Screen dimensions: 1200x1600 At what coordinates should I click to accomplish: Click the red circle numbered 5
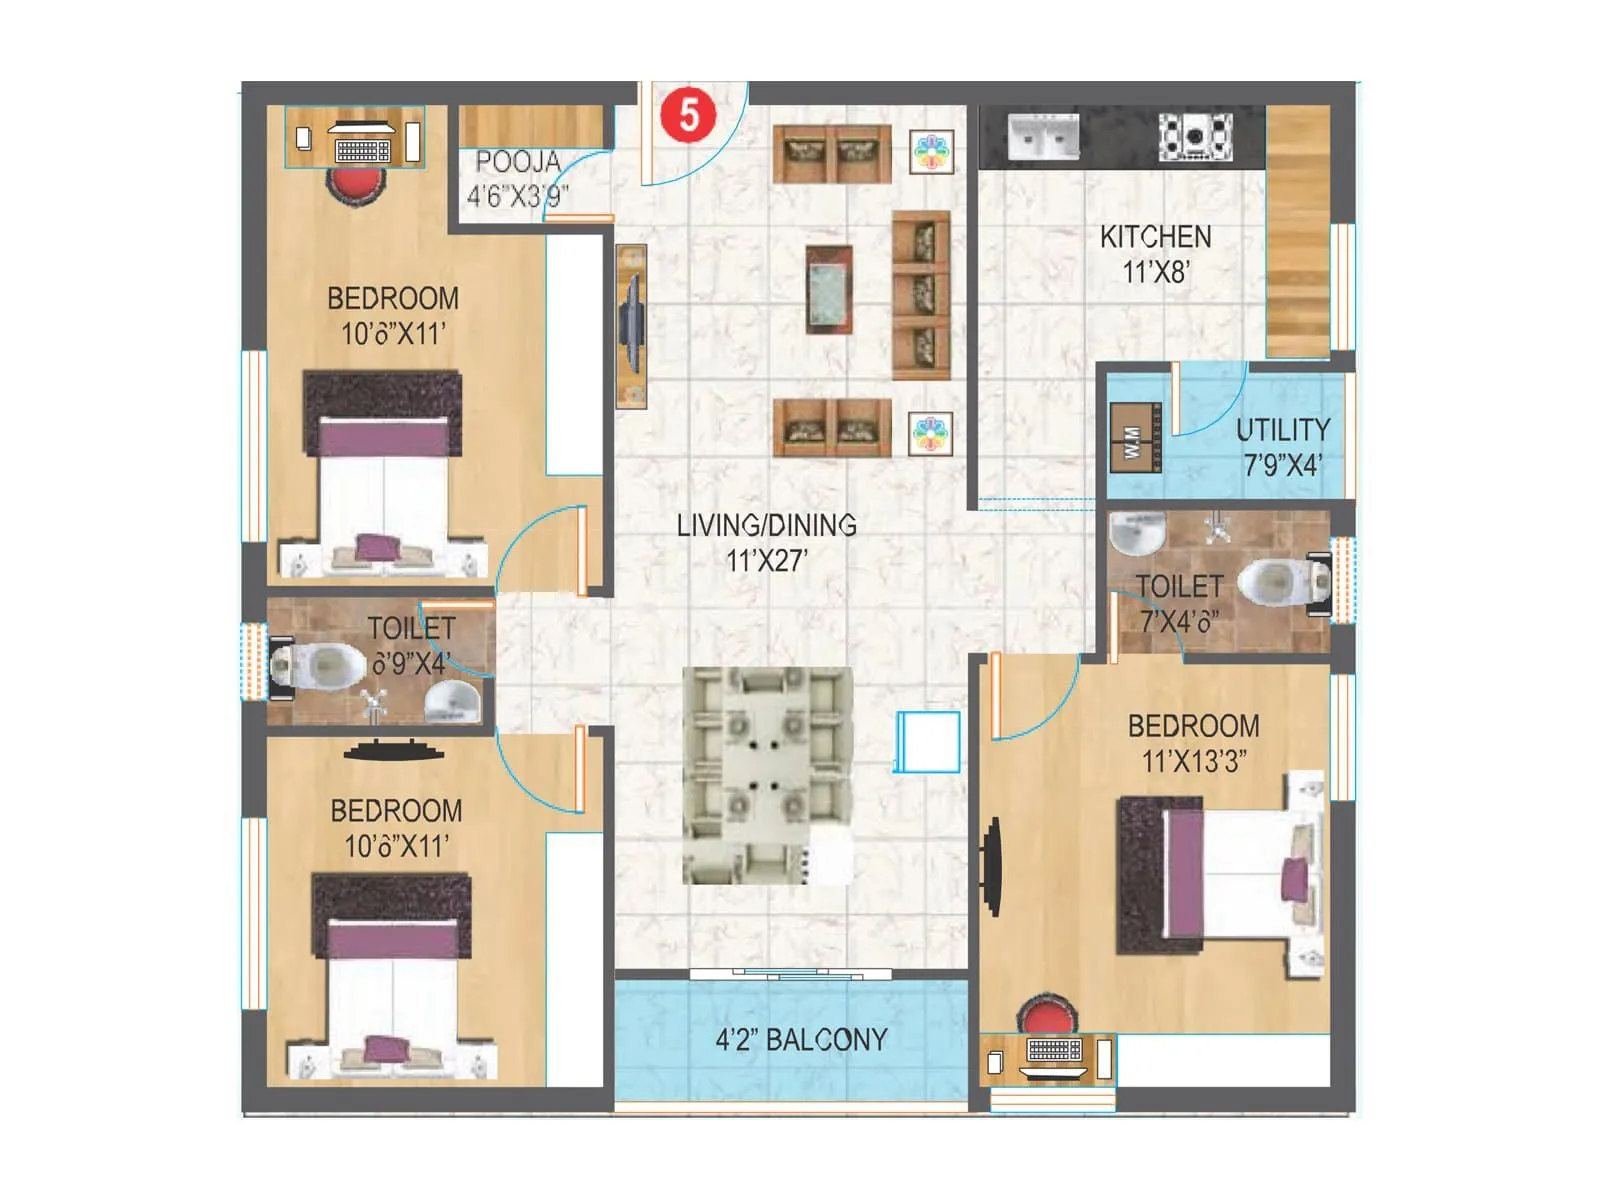[689, 114]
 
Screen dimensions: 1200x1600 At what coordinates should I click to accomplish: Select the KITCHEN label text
[1155, 237]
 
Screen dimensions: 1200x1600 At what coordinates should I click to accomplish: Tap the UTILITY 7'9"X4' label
[1282, 447]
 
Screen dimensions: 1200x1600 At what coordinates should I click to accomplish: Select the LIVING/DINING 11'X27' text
[766, 542]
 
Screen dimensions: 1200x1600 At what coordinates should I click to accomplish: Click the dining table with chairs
[767, 775]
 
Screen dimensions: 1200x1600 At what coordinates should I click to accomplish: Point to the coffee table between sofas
[829, 289]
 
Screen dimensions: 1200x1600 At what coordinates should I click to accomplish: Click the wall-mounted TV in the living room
[630, 325]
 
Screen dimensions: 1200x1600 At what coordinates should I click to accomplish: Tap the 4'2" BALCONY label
[801, 1040]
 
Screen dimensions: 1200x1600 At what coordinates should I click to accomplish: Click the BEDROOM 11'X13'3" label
[1193, 743]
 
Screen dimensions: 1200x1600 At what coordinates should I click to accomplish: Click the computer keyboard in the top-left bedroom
[363, 150]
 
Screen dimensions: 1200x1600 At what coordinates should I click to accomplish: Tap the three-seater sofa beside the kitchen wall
[921, 295]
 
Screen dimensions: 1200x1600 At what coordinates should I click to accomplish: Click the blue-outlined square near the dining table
[928, 741]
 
